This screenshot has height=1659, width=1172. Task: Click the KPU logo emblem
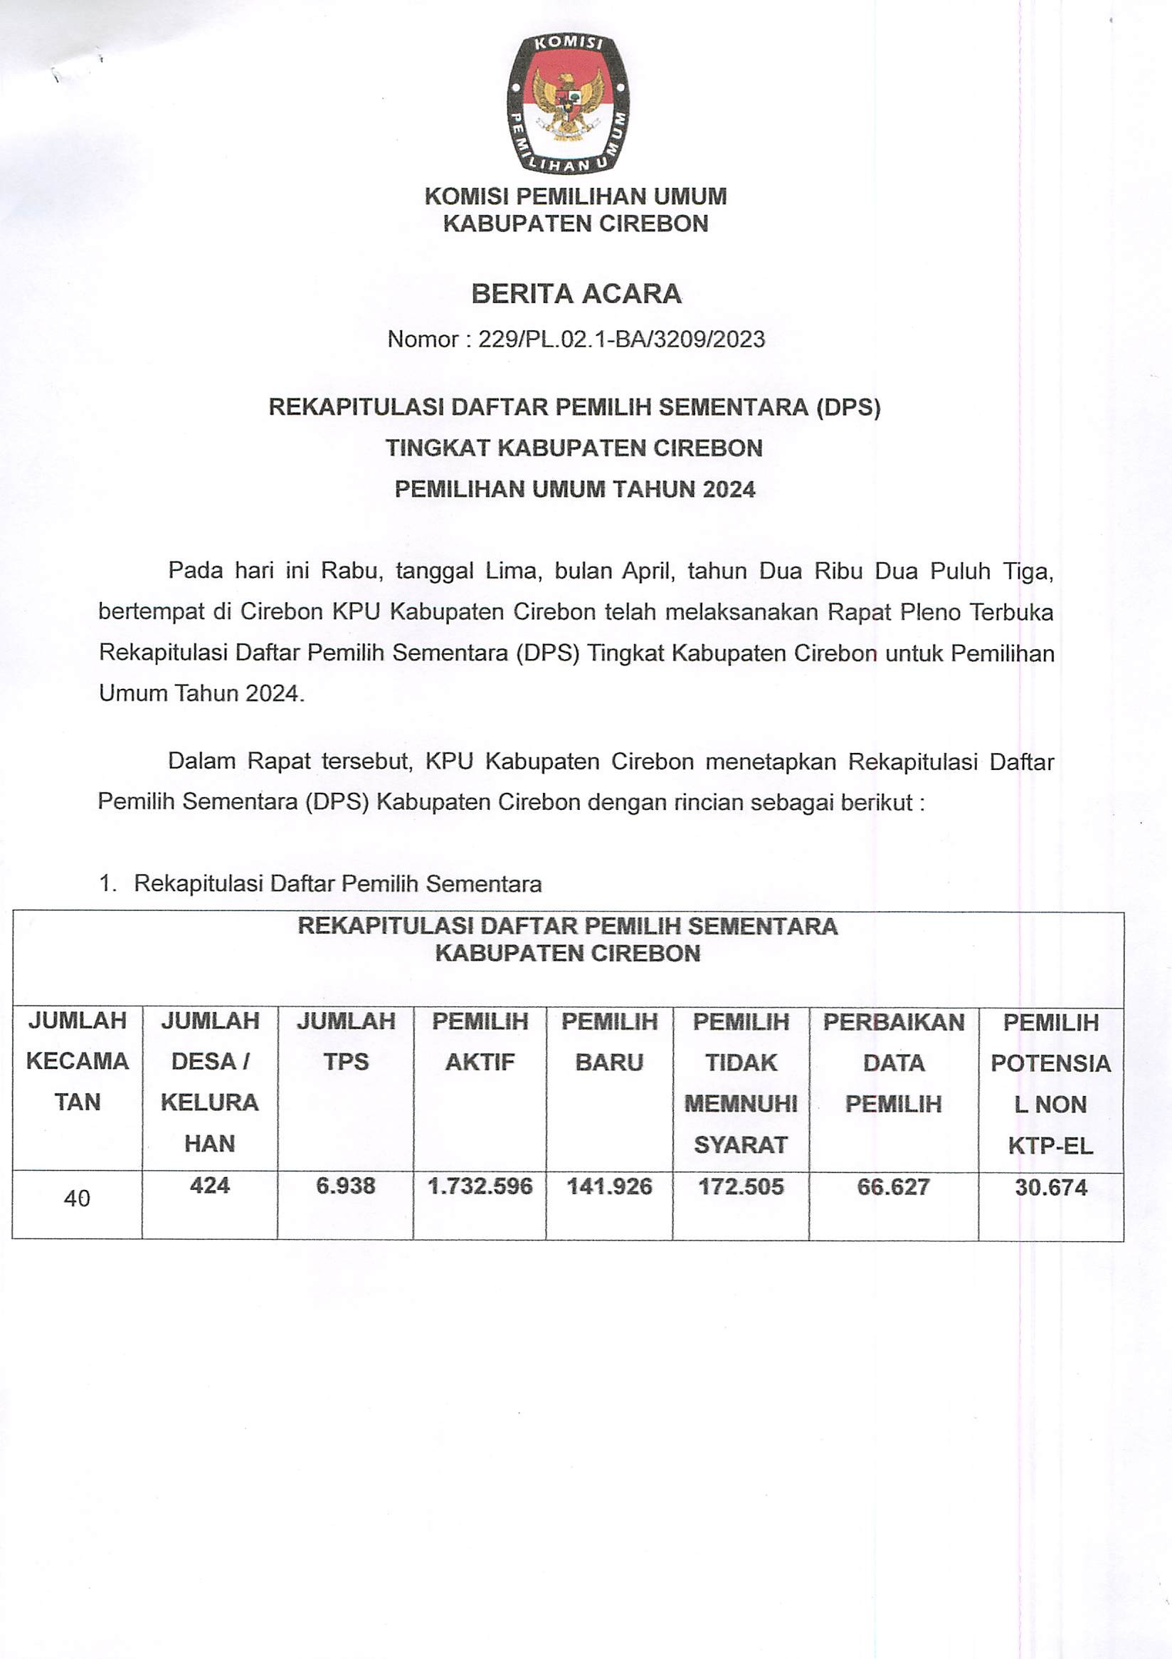pos(567,103)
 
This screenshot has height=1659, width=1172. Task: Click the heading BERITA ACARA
pos(576,293)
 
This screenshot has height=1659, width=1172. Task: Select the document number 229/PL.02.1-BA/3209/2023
pos(621,339)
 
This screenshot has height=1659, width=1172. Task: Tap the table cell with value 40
pos(77,1199)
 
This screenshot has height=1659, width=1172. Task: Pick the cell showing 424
pos(209,1186)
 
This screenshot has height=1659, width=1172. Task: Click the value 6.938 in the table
pos(345,1186)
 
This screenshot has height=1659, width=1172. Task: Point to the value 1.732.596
pos(480,1186)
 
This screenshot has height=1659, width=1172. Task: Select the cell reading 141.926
pos(609,1186)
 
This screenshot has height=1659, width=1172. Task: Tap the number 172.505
pos(741,1186)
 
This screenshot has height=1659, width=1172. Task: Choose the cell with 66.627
pos(893,1187)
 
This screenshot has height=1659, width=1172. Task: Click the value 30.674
pos(1050,1187)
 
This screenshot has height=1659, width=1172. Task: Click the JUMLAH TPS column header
pos(345,1041)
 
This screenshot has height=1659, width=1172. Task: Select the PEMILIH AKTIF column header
pos(480,1041)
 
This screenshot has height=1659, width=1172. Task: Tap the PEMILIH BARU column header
pos(609,1041)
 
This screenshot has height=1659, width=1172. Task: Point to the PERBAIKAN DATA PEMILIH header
pos(894,1062)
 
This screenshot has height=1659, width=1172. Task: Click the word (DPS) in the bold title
pos(848,408)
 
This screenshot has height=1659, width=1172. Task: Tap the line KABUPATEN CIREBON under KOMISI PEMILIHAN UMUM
pos(575,224)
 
